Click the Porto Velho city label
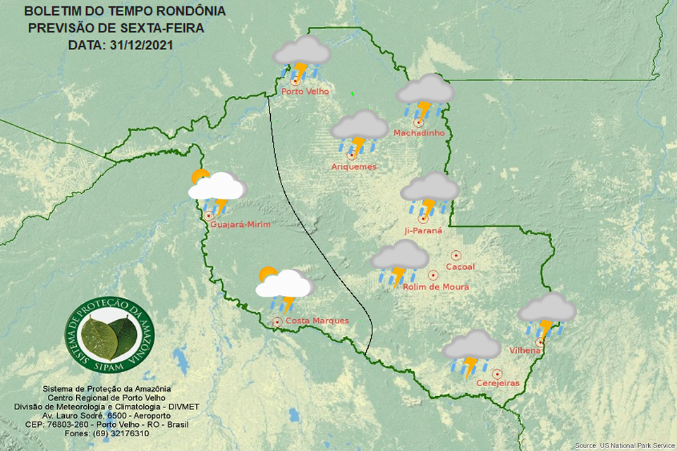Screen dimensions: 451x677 click(x=305, y=92)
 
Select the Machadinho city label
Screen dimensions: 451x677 click(x=418, y=133)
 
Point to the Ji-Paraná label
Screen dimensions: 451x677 click(x=423, y=230)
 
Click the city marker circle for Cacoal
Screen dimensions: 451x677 click(x=456, y=255)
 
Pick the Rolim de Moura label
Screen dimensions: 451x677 click(x=435, y=287)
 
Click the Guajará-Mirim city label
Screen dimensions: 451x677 click(x=240, y=224)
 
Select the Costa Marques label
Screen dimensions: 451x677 click(x=317, y=321)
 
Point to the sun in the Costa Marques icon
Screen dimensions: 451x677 click(x=267, y=273)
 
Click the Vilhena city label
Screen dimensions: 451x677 click(x=525, y=350)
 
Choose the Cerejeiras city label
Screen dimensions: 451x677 click(x=498, y=383)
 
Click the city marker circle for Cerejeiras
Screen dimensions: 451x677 click(x=497, y=373)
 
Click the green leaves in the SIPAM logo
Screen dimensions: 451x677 click(x=109, y=336)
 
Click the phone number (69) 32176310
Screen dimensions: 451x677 click(x=119, y=433)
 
